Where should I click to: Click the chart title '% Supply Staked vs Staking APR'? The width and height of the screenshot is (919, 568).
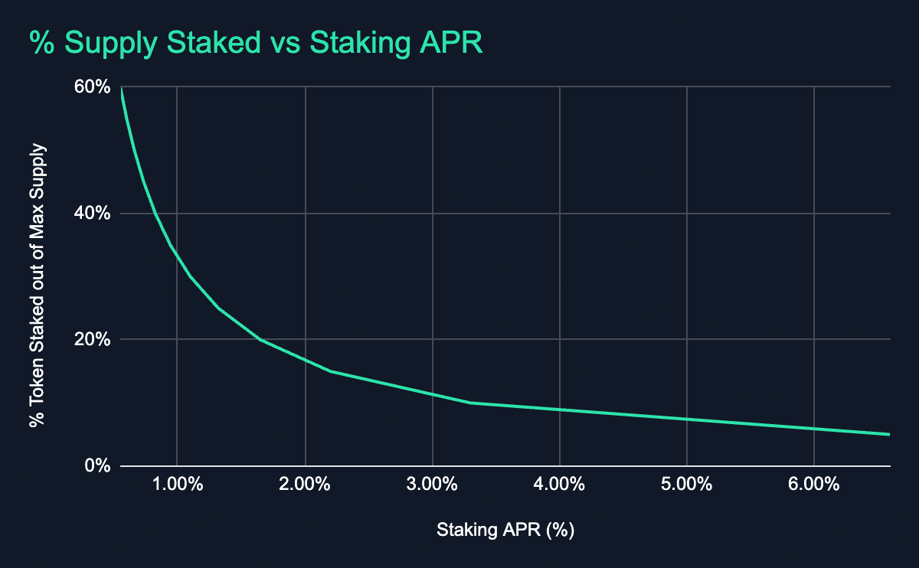coord(257,43)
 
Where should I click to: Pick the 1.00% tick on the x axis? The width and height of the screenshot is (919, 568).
coord(177,485)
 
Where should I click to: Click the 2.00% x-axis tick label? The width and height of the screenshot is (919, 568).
coord(305,485)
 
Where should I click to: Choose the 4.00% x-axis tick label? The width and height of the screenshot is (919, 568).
coord(560,485)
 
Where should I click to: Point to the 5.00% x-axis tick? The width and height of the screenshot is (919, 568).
coord(687,485)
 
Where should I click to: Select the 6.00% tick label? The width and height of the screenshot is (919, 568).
coord(814,485)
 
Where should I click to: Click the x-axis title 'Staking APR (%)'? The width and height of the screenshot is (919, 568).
coord(505,529)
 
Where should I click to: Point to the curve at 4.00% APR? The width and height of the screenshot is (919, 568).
coord(560,410)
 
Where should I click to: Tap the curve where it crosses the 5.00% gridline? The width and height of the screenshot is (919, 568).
coord(687,419)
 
